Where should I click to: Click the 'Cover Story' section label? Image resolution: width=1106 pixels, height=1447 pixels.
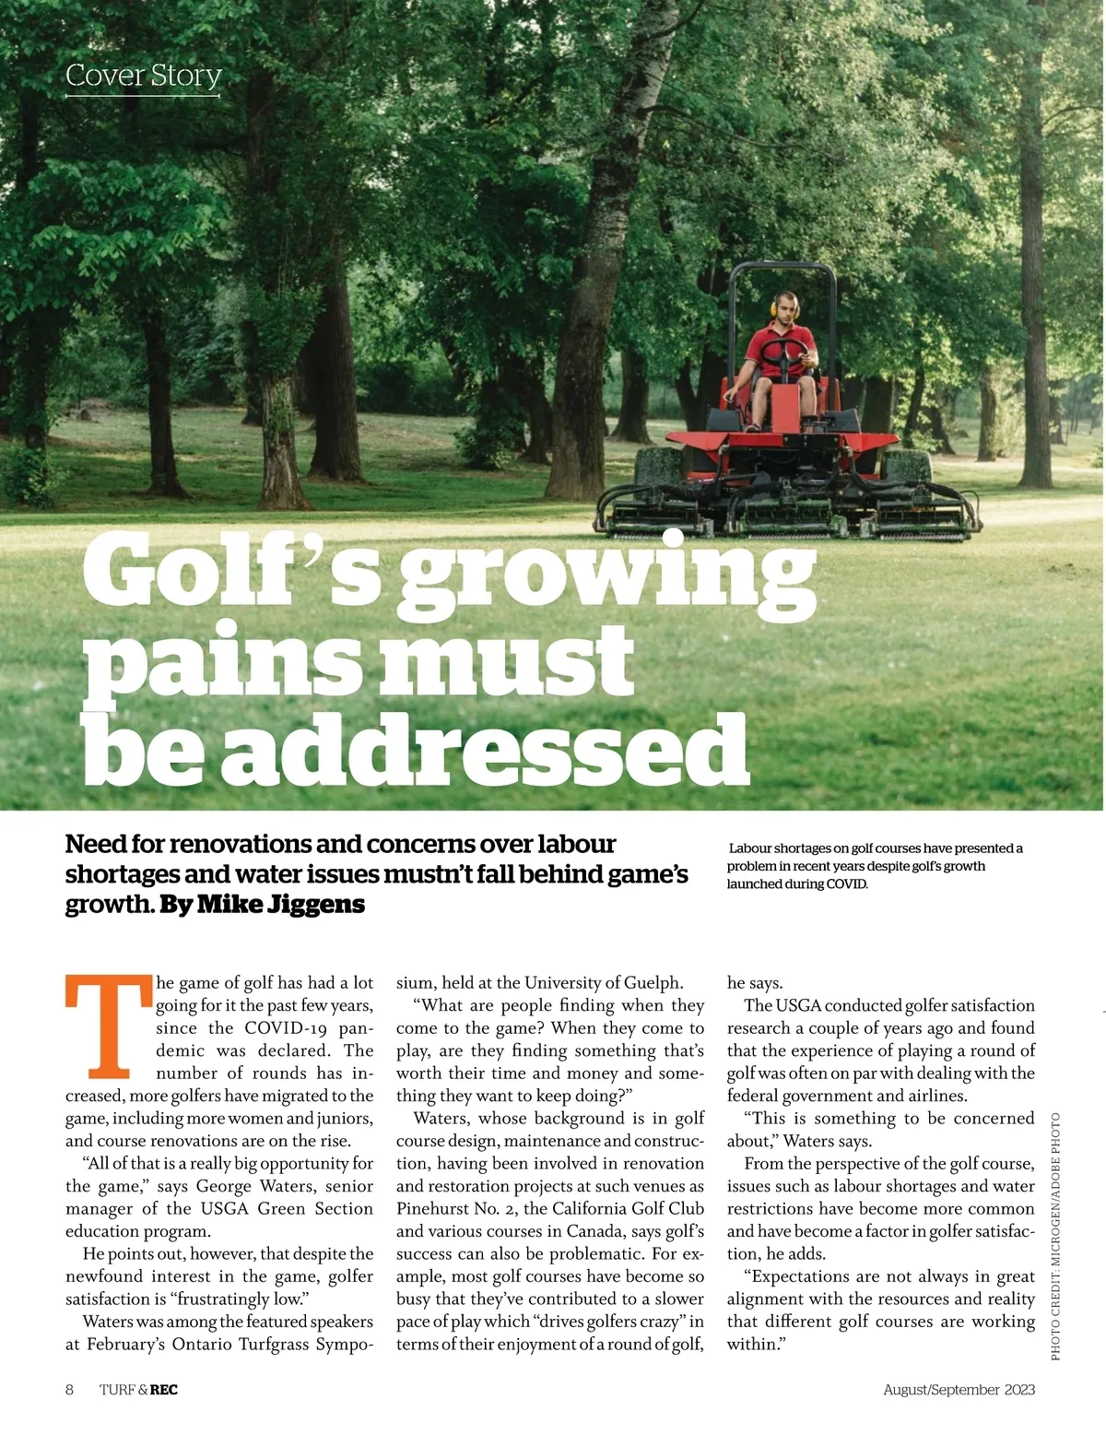(x=143, y=76)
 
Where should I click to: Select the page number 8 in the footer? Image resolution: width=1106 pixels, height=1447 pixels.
(x=70, y=1390)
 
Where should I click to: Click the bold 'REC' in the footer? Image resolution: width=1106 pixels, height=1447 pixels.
(x=164, y=1390)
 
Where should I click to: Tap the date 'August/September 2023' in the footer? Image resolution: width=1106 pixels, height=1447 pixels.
(x=959, y=1390)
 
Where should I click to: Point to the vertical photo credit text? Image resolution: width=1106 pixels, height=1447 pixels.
(x=1055, y=1236)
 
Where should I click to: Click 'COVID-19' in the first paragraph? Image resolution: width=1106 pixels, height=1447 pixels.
(x=288, y=1028)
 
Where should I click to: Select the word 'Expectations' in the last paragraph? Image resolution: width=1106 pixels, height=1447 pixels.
(x=803, y=1277)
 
